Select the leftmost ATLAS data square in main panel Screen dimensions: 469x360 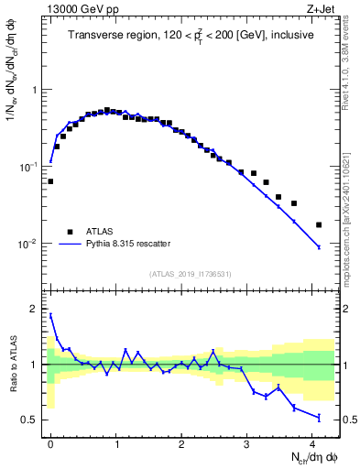click(50, 181)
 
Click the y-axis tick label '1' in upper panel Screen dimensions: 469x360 click(35, 91)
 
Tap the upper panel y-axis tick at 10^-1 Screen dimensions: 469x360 click(29, 168)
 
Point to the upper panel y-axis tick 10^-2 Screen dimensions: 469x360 click(29, 245)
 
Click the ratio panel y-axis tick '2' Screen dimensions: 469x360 click(35, 309)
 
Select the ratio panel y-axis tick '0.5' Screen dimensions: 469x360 click(31, 420)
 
